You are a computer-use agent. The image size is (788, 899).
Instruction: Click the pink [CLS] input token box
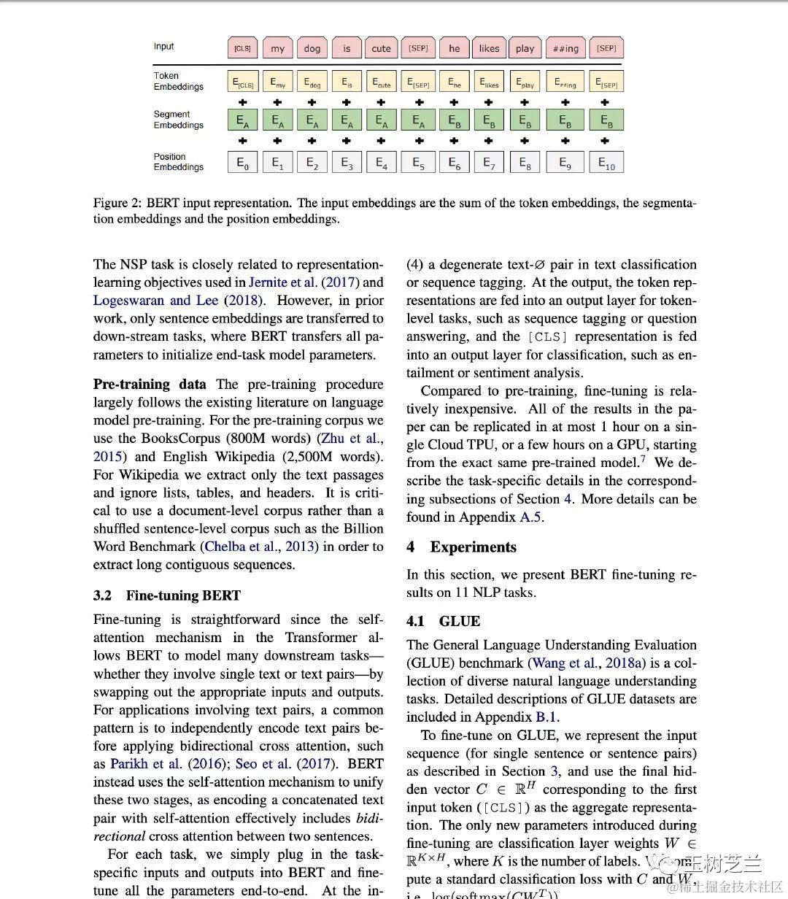(x=242, y=49)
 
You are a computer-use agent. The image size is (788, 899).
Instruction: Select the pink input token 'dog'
(x=312, y=49)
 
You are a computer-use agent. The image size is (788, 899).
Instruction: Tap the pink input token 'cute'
(x=381, y=49)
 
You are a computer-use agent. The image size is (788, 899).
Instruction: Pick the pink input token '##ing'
(x=565, y=49)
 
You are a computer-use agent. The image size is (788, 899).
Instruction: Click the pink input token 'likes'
(x=489, y=49)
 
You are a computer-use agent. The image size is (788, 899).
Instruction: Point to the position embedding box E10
(x=606, y=163)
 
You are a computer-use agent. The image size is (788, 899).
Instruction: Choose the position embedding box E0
(x=242, y=163)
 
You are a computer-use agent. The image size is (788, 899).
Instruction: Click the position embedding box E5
(x=418, y=163)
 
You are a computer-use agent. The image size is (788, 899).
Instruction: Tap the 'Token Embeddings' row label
(x=178, y=81)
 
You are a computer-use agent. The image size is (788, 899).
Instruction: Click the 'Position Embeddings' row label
(x=178, y=162)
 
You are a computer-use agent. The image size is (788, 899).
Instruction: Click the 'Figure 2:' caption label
(x=117, y=203)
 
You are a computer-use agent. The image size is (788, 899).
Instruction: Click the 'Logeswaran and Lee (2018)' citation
(x=179, y=301)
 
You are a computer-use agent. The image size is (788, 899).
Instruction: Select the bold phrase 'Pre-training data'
(x=150, y=385)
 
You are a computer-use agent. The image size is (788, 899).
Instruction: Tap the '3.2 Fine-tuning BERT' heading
(x=167, y=595)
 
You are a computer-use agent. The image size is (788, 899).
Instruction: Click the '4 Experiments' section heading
(x=461, y=547)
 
